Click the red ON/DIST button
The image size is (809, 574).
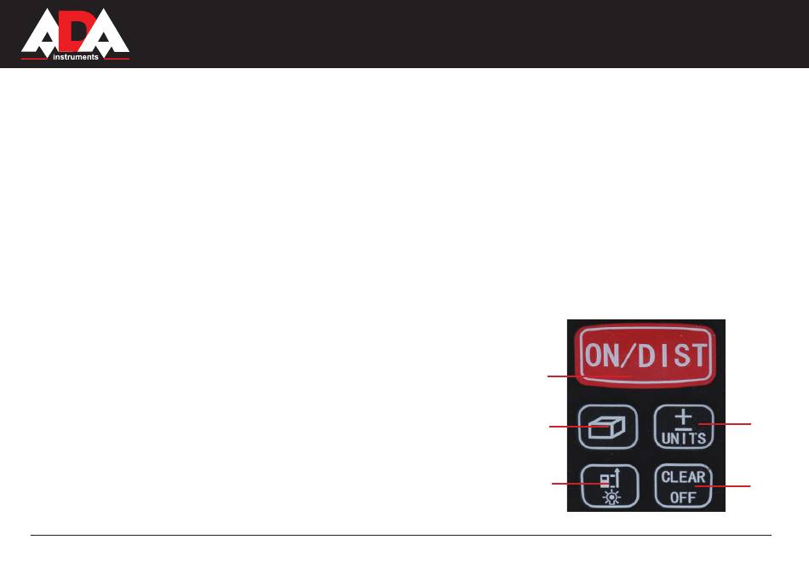coord(645,356)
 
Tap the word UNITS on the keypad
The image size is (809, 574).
coord(683,439)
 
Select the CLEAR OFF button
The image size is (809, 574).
coord(683,486)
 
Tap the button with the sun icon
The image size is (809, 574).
coord(608,487)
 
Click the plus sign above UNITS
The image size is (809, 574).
coord(683,417)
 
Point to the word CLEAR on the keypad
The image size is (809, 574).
coord(683,477)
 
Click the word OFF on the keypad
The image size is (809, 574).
coord(683,497)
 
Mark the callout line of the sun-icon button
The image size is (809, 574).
coord(568,484)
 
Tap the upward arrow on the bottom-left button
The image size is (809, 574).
coord(616,479)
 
